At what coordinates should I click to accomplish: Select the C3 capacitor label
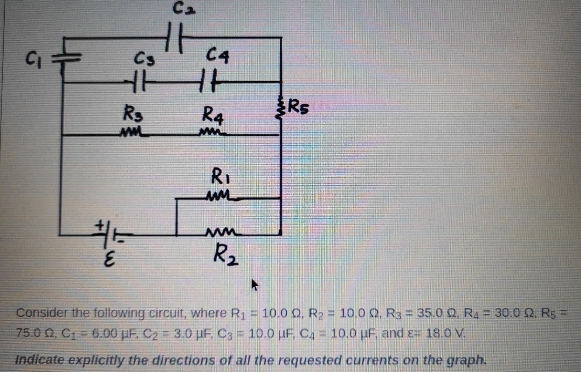[144, 60]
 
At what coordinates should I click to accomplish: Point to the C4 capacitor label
[217, 56]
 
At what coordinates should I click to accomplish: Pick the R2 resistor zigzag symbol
[220, 233]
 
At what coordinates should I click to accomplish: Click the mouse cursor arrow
[254, 285]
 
